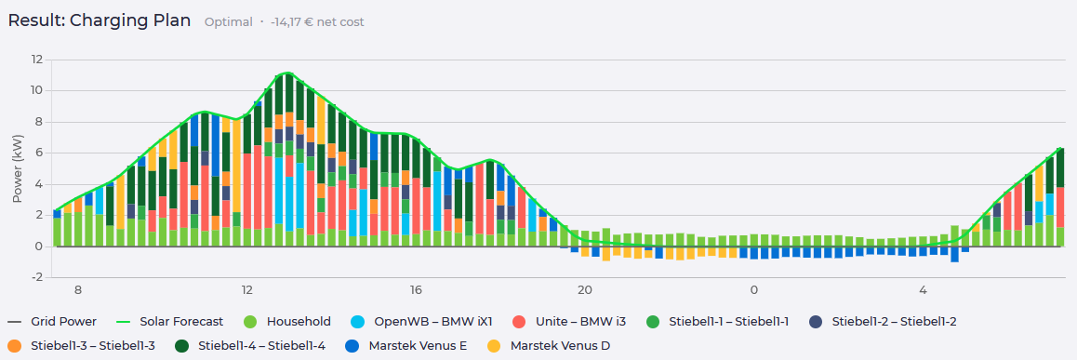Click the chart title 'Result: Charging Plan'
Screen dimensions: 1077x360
pyautogui.click(x=99, y=20)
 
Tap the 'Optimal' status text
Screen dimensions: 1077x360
pyautogui.click(x=228, y=22)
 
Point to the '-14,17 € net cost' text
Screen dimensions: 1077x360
pyautogui.click(x=317, y=22)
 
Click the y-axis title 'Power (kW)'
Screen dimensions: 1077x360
pyautogui.click(x=18, y=168)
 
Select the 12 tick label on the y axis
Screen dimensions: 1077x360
pyautogui.click(x=36, y=60)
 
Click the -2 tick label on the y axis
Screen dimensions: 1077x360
pyautogui.click(x=36, y=277)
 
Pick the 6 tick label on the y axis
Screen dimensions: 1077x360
pyautogui.click(x=39, y=153)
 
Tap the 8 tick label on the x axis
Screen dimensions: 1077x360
pyautogui.click(x=77, y=290)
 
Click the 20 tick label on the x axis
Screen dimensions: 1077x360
pyautogui.click(x=584, y=290)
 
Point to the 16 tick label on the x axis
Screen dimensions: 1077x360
pyautogui.click(x=416, y=290)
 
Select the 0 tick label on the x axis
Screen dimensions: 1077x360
pyautogui.click(x=753, y=290)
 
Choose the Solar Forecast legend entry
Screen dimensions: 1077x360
pyautogui.click(x=171, y=322)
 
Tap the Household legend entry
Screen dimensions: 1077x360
pyautogui.click(x=287, y=322)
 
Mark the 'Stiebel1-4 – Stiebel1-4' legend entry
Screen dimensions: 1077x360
pyautogui.click(x=255, y=345)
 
